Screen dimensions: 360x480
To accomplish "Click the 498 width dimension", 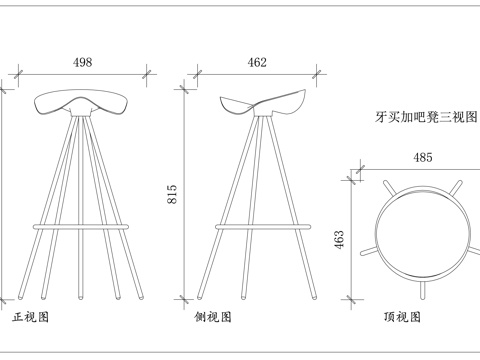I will click(x=83, y=62).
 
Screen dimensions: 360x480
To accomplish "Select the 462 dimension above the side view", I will click(x=257, y=62).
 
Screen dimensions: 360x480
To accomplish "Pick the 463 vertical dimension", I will click(x=339, y=239).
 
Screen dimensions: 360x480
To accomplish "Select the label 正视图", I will click(x=31, y=317).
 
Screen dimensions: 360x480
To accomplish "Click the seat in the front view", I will click(x=82, y=104).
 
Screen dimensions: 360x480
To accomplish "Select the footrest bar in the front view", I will click(x=82, y=227).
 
